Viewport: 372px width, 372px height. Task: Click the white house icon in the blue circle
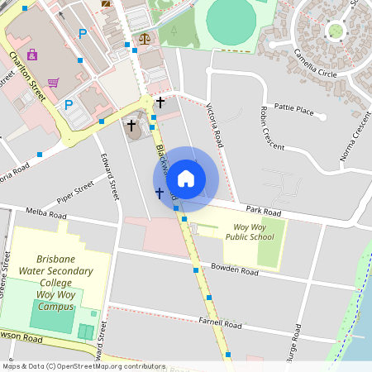pyautogui.click(x=186, y=178)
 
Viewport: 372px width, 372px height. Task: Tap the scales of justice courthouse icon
pyautogui.click(x=145, y=37)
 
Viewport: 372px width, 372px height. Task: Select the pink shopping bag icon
pyautogui.click(x=32, y=55)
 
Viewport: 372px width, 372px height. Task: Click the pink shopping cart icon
pyautogui.click(x=54, y=83)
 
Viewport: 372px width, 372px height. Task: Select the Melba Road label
pyautogui.click(x=47, y=214)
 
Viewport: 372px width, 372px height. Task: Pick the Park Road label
pyautogui.click(x=264, y=212)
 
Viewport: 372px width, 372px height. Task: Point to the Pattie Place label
pyautogui.click(x=294, y=108)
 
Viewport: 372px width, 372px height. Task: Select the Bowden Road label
pyautogui.click(x=235, y=269)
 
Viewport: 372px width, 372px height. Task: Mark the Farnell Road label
pyautogui.click(x=220, y=324)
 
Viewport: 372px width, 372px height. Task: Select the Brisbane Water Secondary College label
pyautogui.click(x=55, y=282)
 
